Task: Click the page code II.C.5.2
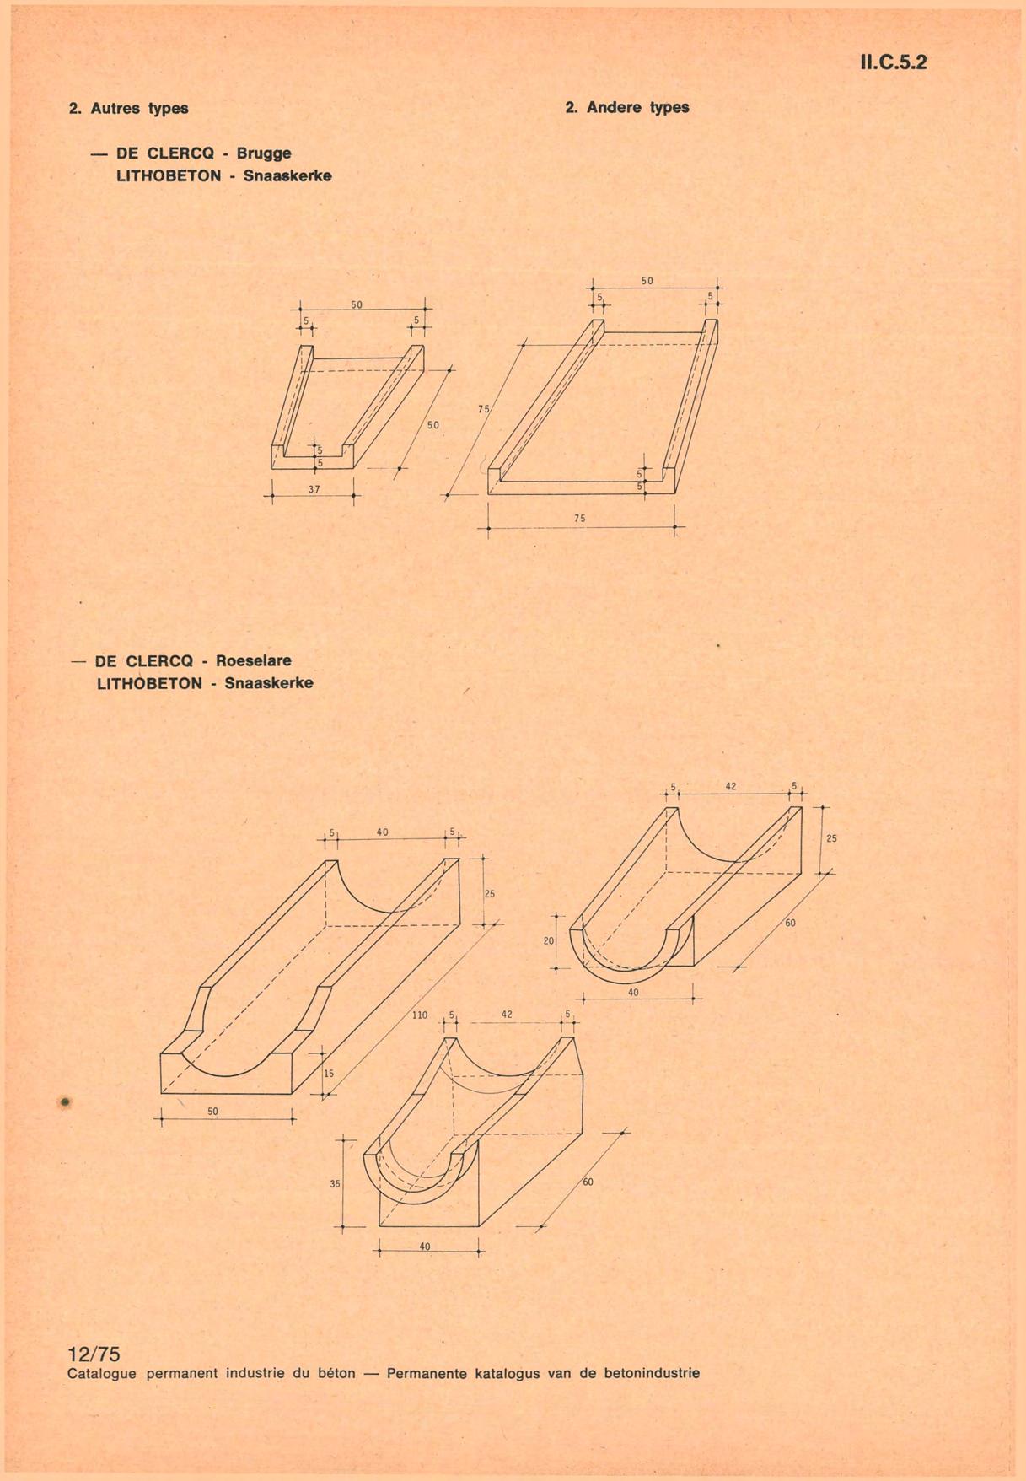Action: (x=893, y=62)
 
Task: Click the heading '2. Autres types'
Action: (x=128, y=109)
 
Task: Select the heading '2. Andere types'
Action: (x=627, y=108)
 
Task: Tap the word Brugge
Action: (x=264, y=153)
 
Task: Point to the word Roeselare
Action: (x=253, y=661)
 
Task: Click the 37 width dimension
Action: (x=314, y=489)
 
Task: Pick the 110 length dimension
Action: (x=420, y=1015)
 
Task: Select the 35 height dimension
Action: (x=335, y=1184)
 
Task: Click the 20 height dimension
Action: (x=549, y=940)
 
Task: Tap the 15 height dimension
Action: (x=329, y=1074)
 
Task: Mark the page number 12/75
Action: (x=94, y=1354)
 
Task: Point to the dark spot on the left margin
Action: (x=65, y=1101)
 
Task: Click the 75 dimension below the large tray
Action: (x=579, y=519)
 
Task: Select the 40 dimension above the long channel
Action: (x=383, y=832)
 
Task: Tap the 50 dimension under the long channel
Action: (x=212, y=1112)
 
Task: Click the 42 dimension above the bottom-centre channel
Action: (x=507, y=1015)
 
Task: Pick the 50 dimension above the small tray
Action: (x=357, y=304)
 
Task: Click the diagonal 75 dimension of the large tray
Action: (x=483, y=409)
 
